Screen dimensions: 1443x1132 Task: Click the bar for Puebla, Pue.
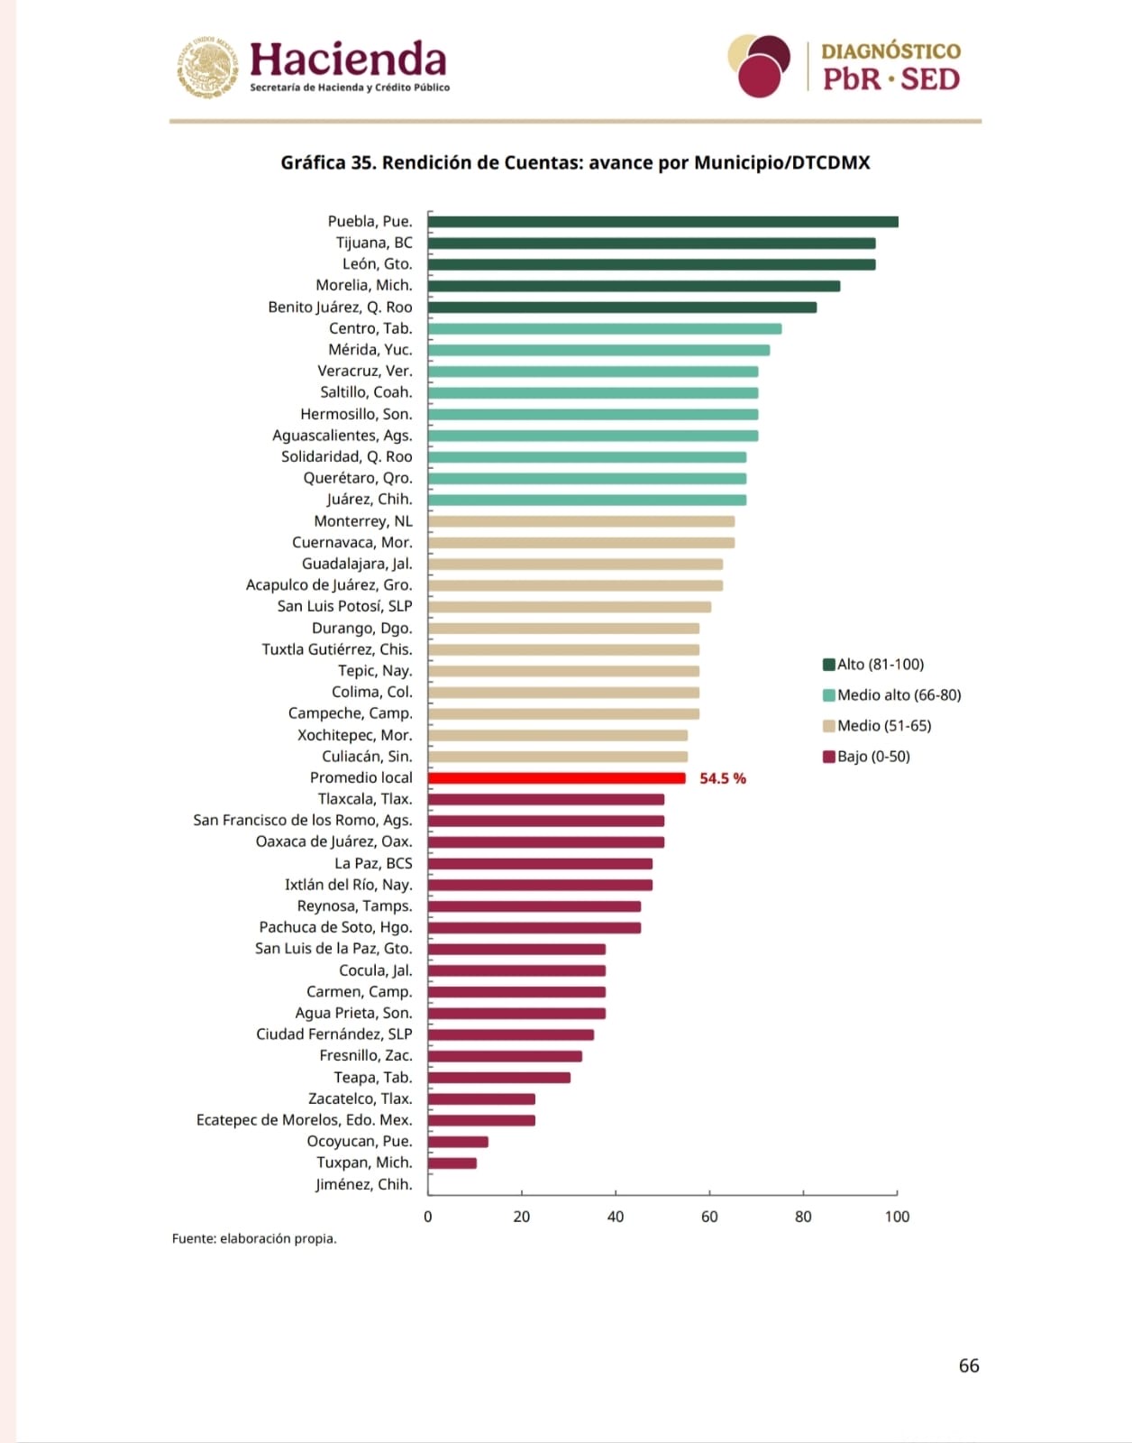click(662, 222)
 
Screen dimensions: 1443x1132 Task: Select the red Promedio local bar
click(556, 778)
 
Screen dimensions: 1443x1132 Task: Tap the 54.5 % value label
click(723, 778)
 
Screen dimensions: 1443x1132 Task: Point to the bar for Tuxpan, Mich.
click(452, 1163)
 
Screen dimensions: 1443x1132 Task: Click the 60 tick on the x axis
click(709, 1217)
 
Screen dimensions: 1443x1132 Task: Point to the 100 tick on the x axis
click(897, 1217)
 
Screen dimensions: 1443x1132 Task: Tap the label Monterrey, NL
click(363, 521)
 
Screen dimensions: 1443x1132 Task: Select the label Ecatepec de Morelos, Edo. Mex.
click(304, 1120)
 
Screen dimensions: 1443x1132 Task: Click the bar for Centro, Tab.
click(605, 329)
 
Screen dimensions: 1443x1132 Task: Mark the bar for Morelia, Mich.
click(634, 286)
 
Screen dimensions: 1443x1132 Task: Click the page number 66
click(969, 1365)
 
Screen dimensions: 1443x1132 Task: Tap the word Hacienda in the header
click(348, 60)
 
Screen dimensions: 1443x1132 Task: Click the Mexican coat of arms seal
click(208, 66)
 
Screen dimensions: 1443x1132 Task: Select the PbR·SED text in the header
click(890, 79)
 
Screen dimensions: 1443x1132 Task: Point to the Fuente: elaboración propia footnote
click(254, 1239)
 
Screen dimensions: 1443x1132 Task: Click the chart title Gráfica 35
click(575, 163)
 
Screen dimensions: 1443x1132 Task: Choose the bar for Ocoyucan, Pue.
click(458, 1142)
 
